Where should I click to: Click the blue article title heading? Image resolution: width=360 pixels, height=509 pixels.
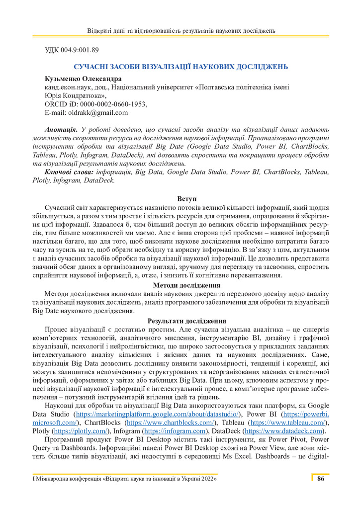pyautogui.click(x=181, y=67)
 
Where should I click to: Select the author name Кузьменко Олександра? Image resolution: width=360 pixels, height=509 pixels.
pyautogui.click(x=84, y=79)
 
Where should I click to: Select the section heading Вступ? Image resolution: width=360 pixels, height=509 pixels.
pyautogui.click(x=180, y=199)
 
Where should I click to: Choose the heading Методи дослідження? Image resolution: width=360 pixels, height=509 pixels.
pyautogui.click(x=180, y=285)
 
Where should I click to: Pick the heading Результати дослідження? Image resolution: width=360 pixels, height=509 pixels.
pyautogui.click(x=180, y=321)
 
